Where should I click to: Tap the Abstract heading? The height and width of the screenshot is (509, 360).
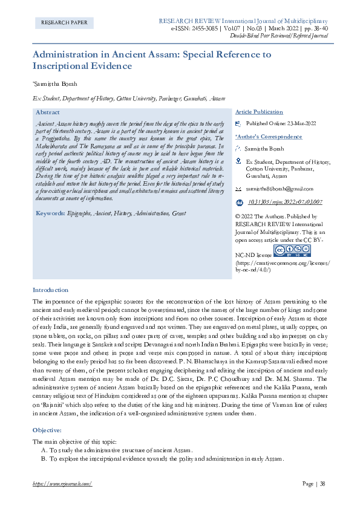click(x=48, y=112)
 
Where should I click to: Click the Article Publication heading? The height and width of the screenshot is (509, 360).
click(x=259, y=112)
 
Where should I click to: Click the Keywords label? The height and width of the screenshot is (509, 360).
click(x=50, y=213)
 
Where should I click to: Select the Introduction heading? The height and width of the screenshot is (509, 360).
click(x=50, y=290)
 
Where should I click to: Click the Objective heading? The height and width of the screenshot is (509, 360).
click(x=47, y=430)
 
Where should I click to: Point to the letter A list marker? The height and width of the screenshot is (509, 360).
click(x=44, y=451)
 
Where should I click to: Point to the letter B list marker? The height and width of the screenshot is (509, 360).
click(x=44, y=459)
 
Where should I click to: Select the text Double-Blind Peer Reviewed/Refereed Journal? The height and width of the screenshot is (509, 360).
click(x=280, y=36)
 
